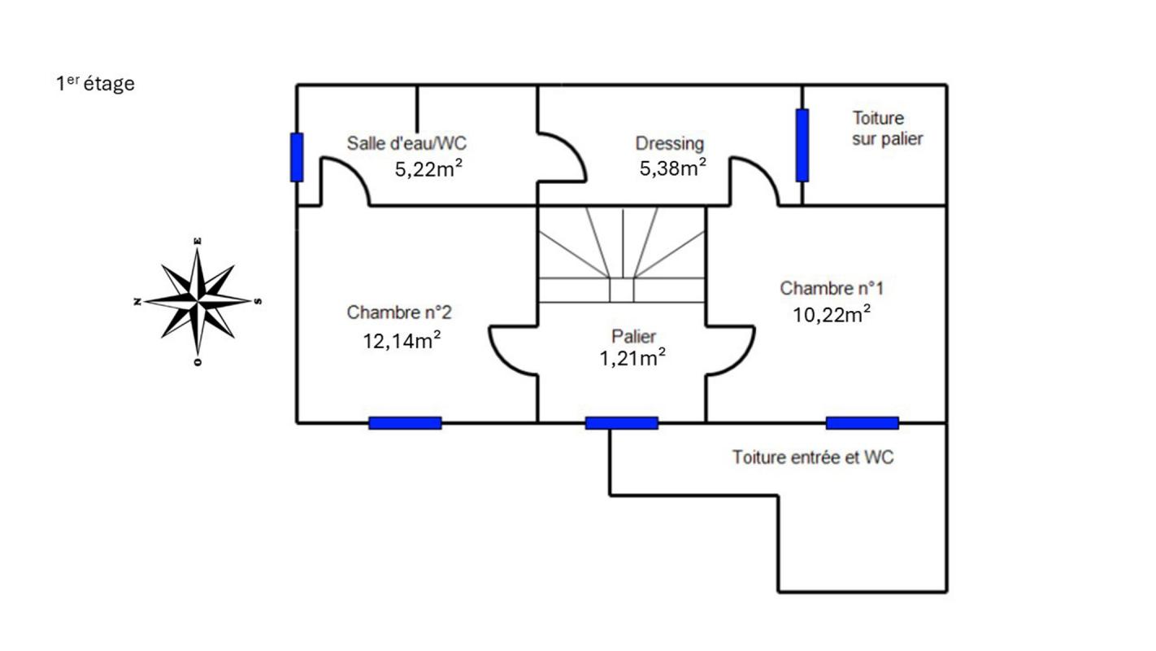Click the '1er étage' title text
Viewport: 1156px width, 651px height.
[95, 83]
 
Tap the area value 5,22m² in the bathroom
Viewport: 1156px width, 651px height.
[428, 168]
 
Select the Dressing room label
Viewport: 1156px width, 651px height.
[669, 144]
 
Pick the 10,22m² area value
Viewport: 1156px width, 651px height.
[832, 314]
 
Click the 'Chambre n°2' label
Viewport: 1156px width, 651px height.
[398, 312]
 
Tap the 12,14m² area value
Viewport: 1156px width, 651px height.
[402, 340]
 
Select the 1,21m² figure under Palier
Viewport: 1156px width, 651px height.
[632, 358]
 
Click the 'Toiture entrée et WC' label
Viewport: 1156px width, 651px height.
[812, 457]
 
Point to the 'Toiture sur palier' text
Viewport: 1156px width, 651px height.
[887, 129]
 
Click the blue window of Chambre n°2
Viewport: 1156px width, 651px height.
[405, 423]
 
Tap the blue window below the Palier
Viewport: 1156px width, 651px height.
[621, 423]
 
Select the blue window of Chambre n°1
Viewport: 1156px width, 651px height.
[862, 423]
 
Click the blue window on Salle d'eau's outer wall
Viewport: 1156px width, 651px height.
[297, 157]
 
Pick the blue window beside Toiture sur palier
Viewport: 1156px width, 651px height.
[802, 145]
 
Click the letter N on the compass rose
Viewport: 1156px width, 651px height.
[137, 302]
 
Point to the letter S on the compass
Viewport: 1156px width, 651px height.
[259, 301]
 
